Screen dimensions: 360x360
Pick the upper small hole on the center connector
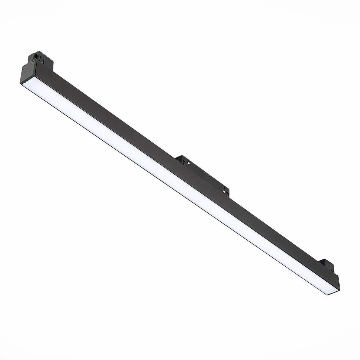[204, 173]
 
